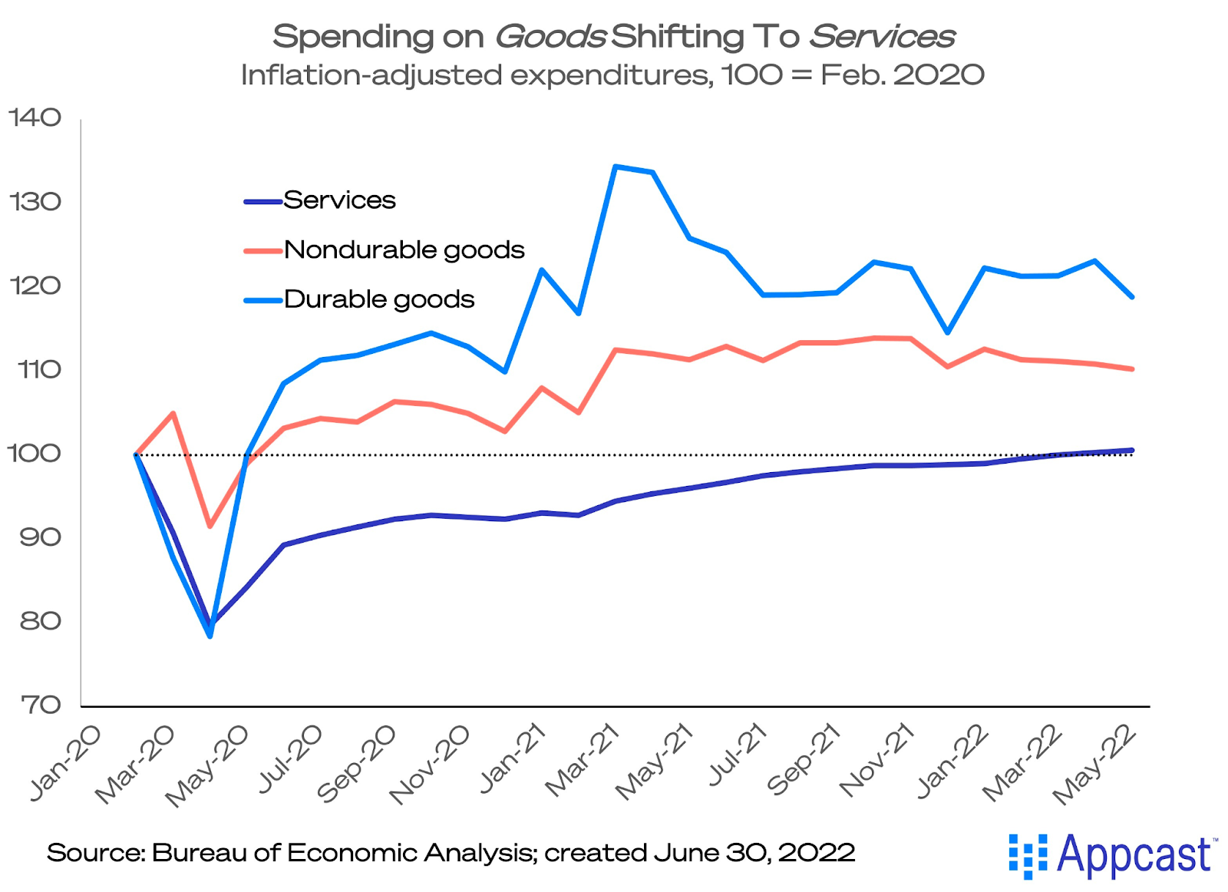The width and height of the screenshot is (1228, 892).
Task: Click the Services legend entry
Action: pos(339,200)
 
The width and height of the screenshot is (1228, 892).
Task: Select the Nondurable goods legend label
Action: pos(404,250)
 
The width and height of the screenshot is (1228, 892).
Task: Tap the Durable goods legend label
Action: pos(379,299)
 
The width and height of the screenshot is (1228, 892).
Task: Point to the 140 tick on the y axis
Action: pos(35,117)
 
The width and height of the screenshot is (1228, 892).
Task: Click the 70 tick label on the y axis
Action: pos(40,705)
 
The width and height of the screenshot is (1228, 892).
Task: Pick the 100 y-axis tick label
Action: pos(35,454)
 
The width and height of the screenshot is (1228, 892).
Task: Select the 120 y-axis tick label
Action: pos(35,286)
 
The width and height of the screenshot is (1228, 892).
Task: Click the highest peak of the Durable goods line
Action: pos(616,166)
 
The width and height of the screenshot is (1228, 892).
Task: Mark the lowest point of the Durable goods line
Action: pos(210,636)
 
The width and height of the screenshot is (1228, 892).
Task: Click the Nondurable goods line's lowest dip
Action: pos(210,526)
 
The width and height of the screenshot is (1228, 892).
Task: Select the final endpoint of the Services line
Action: pos(1132,450)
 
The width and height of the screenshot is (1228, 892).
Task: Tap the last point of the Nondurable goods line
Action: pos(1132,369)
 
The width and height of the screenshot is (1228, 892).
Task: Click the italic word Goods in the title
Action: pos(550,36)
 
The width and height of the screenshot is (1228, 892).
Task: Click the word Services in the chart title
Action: pos(882,36)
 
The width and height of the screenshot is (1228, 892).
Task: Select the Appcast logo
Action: pos(1111,854)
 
